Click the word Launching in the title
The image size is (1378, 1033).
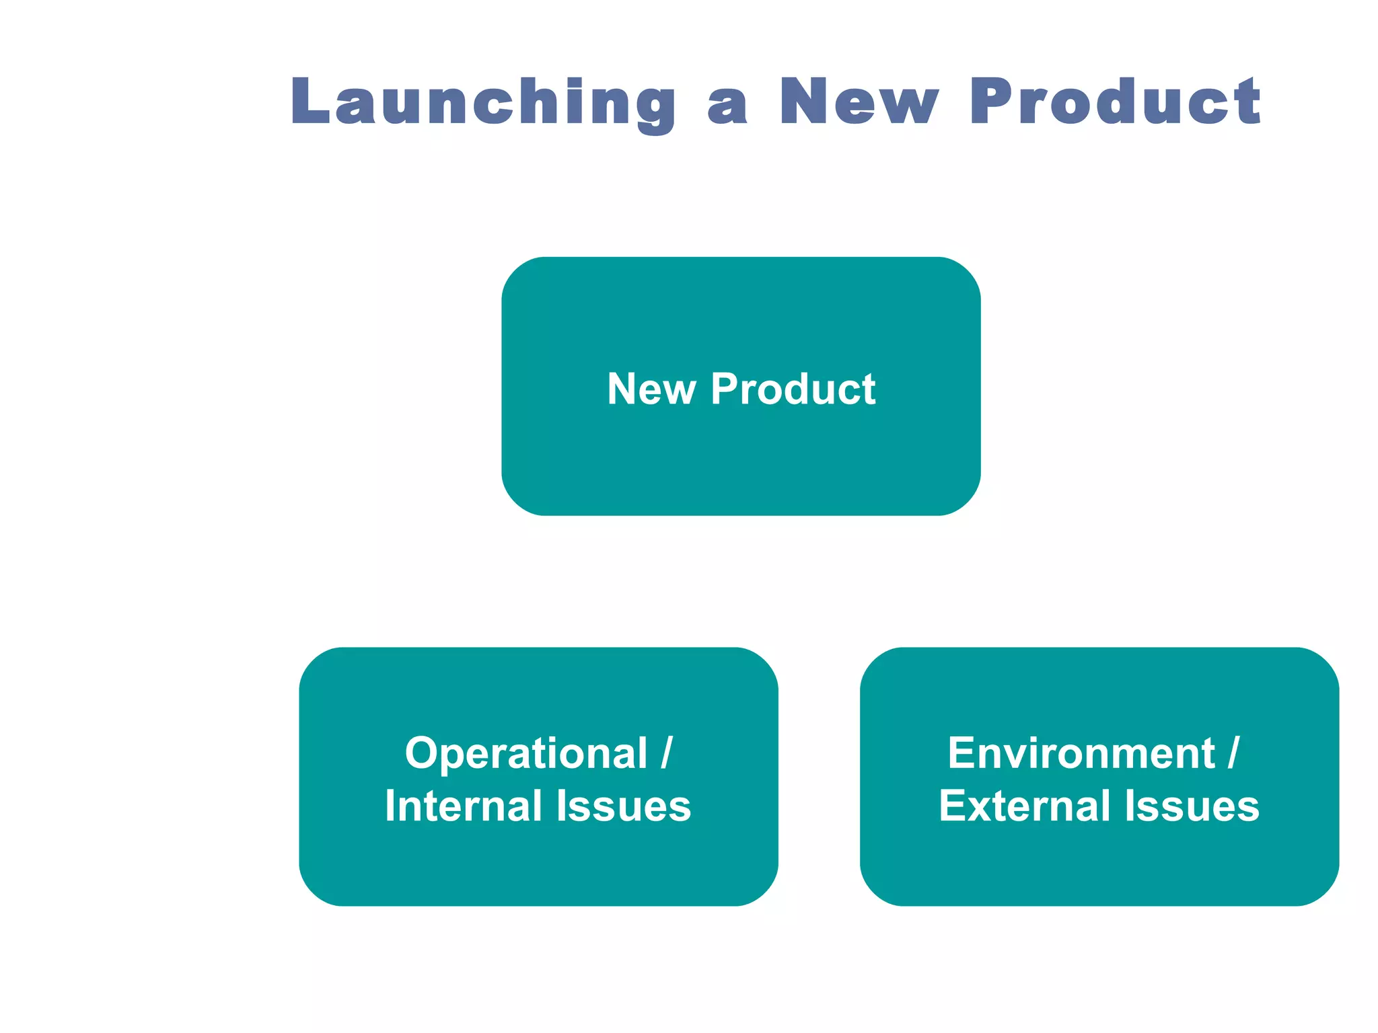[x=482, y=102]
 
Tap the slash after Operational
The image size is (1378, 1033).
[x=666, y=753]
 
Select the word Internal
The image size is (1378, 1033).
[x=464, y=806]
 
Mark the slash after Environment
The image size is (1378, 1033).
[x=1233, y=753]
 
